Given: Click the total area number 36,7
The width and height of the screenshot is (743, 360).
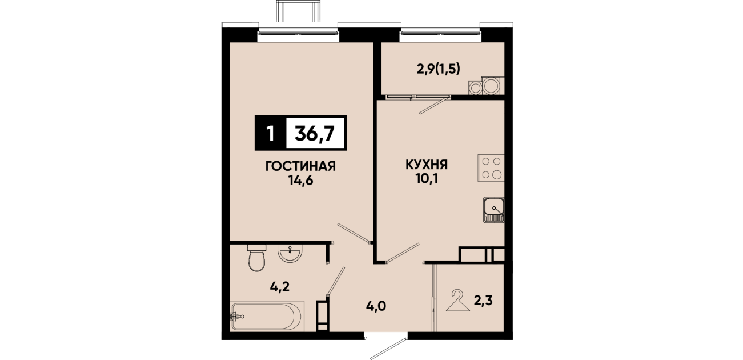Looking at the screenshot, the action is pyautogui.click(x=315, y=133).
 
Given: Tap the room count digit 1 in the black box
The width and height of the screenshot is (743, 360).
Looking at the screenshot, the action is pyautogui.click(x=270, y=133).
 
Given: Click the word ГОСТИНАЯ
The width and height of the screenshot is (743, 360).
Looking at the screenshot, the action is pyautogui.click(x=300, y=166).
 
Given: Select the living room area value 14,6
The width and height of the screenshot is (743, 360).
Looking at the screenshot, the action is pyautogui.click(x=301, y=181).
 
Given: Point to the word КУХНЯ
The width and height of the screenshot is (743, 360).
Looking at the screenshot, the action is pyautogui.click(x=427, y=165).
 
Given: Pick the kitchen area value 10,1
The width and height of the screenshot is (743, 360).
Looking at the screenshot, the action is pyautogui.click(x=427, y=179).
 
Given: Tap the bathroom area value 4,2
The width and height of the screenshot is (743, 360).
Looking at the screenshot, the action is pyautogui.click(x=280, y=287).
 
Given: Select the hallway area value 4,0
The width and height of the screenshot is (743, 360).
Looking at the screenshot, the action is pyautogui.click(x=376, y=306).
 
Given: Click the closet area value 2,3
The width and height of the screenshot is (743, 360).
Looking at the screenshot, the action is pyautogui.click(x=483, y=301).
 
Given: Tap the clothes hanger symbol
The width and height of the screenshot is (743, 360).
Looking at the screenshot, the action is pyautogui.click(x=458, y=300).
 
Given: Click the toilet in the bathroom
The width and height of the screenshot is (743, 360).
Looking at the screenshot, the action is pyautogui.click(x=257, y=258).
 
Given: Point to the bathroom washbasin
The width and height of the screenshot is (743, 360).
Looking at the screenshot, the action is pyautogui.click(x=290, y=254).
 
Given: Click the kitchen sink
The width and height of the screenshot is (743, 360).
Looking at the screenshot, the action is pyautogui.click(x=493, y=210).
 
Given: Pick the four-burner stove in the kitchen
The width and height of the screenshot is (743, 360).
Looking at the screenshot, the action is pyautogui.click(x=491, y=168).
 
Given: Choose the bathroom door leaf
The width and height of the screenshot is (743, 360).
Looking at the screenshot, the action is pyautogui.click(x=336, y=281).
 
